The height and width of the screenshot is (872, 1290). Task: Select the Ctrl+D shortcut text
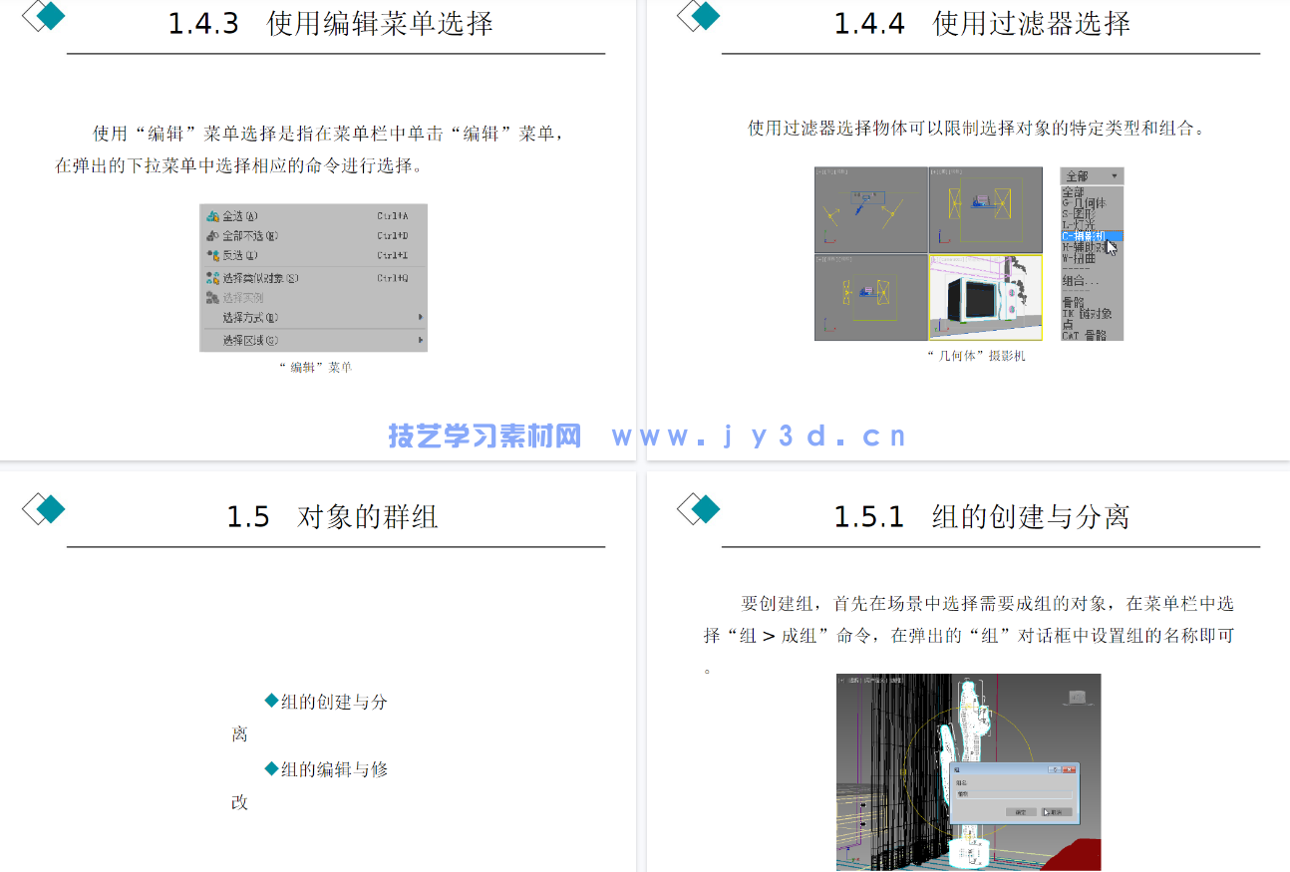(392, 236)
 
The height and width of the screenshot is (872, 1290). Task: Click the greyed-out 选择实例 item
(242, 298)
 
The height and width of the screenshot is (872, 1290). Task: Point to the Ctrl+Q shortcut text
(392, 278)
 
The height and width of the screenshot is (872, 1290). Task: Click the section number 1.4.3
(203, 24)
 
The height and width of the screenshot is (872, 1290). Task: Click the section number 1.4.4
(869, 24)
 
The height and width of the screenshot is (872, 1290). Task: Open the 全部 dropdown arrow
(1114, 176)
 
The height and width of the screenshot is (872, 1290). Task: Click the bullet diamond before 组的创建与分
(271, 701)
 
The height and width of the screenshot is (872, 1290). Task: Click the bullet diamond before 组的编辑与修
(271, 768)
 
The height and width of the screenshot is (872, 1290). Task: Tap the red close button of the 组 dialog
(1070, 769)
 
